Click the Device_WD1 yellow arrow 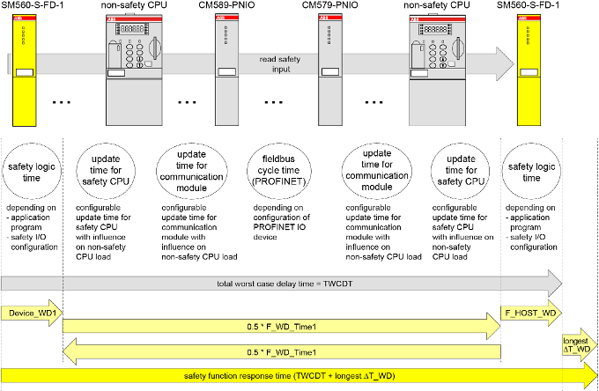point(32,313)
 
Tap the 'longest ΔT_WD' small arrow point(581,344)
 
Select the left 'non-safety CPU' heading point(127,5)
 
